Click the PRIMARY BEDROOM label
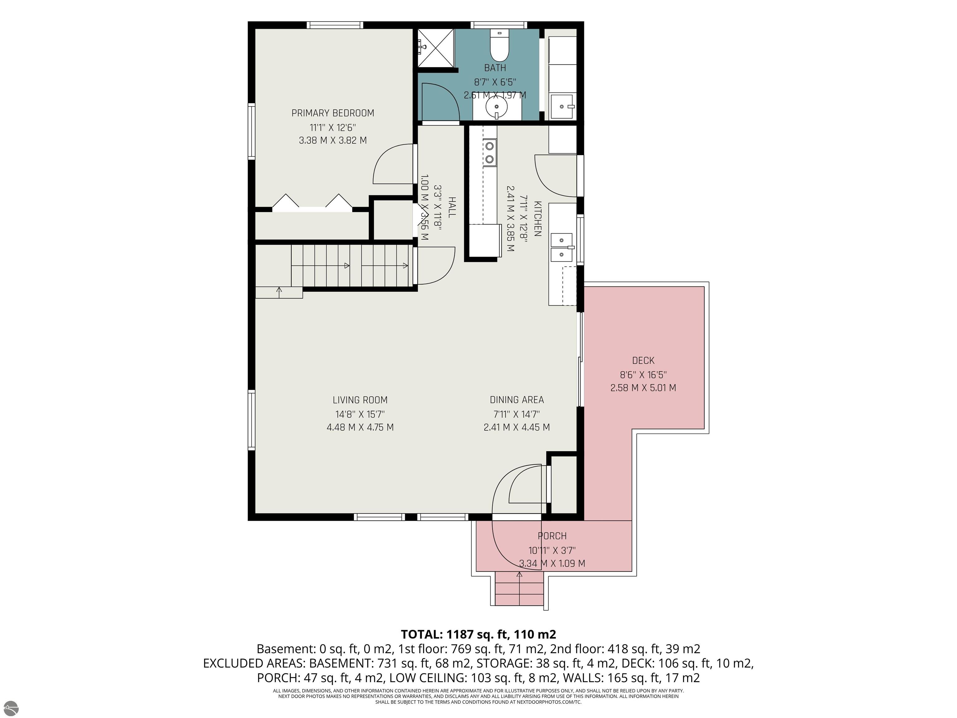333,113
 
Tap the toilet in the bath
499,45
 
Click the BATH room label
495,68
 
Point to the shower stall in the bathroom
436,48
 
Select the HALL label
452,207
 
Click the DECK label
643,361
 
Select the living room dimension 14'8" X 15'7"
360,414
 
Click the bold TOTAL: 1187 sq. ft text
478,634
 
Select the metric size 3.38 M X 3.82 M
333,140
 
